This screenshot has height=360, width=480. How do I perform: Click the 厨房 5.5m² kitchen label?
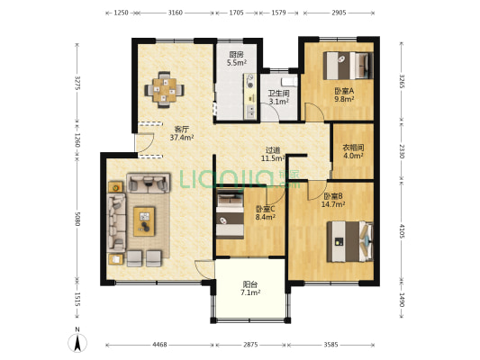[237, 58]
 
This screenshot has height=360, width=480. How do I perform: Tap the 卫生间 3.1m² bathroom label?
[278, 97]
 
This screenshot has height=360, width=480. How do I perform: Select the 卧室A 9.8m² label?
[344, 94]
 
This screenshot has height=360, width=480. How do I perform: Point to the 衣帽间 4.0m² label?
[353, 151]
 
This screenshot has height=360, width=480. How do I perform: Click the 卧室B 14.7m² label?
[333, 200]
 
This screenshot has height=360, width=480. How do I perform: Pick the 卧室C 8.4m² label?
[265, 213]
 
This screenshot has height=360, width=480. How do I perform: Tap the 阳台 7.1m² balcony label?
[250, 288]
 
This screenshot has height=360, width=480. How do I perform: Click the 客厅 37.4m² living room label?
[182, 133]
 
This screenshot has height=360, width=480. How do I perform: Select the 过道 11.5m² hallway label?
[273, 154]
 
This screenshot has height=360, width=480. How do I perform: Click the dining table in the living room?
[165, 90]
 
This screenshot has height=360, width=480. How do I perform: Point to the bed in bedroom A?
[349, 66]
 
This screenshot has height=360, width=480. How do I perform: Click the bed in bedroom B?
[350, 241]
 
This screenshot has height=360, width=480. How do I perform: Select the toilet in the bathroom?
[289, 82]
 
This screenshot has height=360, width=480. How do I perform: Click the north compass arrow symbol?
[77, 343]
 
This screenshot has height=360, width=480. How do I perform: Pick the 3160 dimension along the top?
[175, 13]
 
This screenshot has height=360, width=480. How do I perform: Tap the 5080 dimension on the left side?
[77, 219]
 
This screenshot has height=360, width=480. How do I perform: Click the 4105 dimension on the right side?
[402, 231]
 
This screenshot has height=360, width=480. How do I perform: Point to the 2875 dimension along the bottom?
[250, 345]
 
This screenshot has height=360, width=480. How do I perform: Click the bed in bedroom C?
[231, 215]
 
